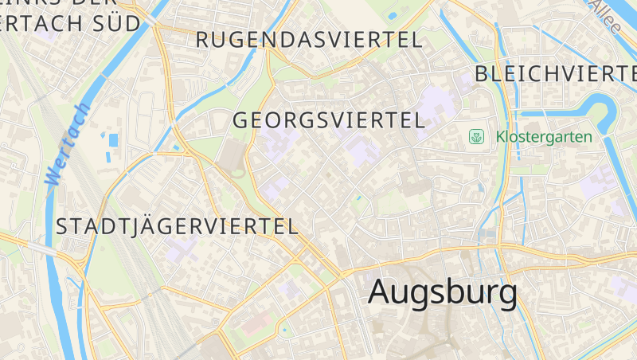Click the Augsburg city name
(x=443, y=293)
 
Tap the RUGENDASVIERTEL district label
(x=309, y=40)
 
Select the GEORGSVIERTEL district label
(x=328, y=120)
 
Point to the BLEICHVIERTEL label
(x=556, y=74)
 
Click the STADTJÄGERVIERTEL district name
(x=177, y=226)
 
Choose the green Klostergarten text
(x=544, y=137)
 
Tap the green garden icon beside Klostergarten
(x=477, y=137)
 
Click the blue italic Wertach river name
(x=68, y=146)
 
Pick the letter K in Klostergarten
(x=500, y=137)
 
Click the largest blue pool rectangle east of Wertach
(x=113, y=141)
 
